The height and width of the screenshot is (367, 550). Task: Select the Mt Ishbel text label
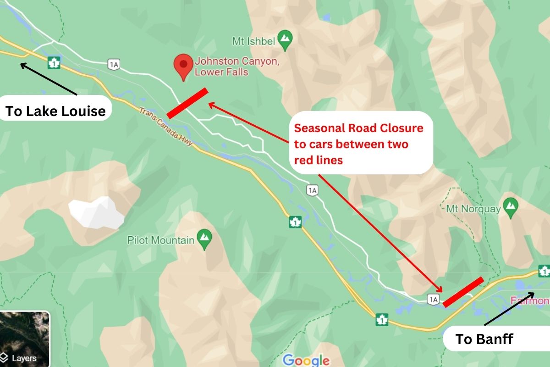253,41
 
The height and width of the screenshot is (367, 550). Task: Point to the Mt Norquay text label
473,209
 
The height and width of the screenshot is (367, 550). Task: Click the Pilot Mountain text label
160,240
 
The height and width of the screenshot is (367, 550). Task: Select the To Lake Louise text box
55,111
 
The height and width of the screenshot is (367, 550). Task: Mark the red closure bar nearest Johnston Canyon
187,103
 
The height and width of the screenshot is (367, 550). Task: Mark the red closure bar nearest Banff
463,292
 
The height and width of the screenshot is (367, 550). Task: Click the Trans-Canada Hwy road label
166,128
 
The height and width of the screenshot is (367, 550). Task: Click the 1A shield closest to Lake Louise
114,65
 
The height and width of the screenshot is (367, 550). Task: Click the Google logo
306,360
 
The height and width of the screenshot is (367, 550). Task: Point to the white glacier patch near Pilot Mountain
96,213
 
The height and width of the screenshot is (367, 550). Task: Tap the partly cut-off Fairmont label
530,300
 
